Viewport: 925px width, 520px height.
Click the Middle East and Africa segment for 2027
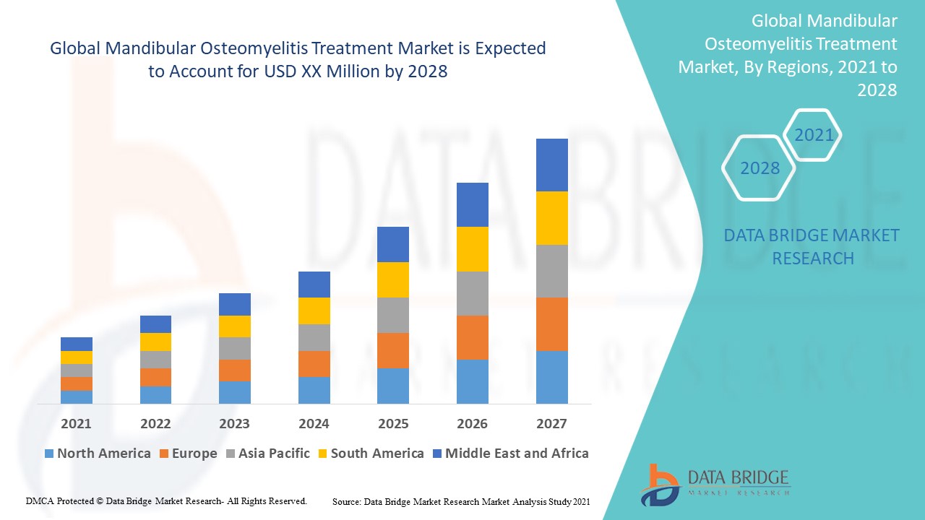551,165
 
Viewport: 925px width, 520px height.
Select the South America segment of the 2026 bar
472,249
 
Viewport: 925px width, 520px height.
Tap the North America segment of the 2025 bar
392,386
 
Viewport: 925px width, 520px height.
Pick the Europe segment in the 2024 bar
314,364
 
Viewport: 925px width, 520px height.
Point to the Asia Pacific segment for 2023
234,348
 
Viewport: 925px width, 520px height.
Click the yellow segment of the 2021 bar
76,357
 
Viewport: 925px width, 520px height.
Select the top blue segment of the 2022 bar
155,324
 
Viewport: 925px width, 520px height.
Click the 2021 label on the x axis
76,424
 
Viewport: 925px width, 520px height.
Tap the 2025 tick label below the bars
392,424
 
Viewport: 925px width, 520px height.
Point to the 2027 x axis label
551,424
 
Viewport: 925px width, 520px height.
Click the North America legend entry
98,454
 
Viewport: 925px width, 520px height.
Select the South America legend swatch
322,454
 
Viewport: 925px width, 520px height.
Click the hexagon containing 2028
760,168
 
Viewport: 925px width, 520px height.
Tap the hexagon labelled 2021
814,135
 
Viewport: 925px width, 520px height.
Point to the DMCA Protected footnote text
166,500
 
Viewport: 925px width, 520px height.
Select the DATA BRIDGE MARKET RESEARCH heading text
812,246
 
